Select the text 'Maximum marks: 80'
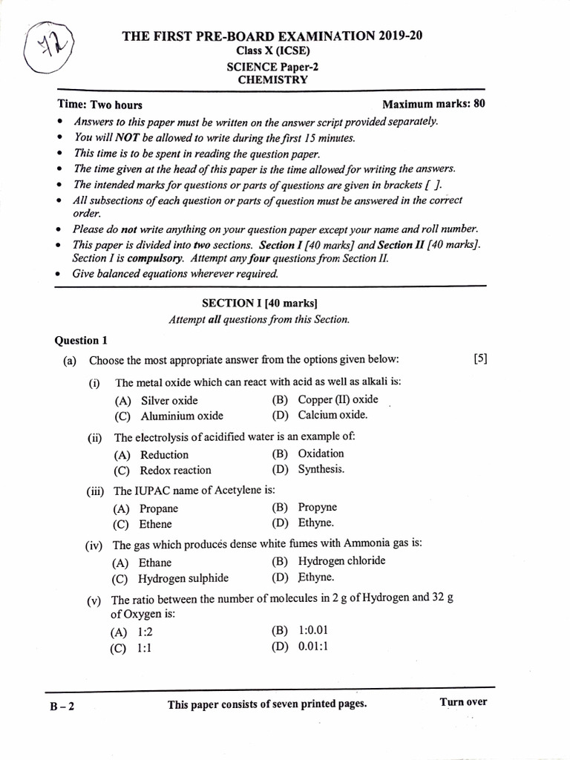pyautogui.click(x=433, y=104)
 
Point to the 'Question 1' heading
pyautogui.click(x=82, y=341)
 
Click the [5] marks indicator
pyautogui.click(x=480, y=359)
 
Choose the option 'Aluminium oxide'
pyautogui.click(x=182, y=416)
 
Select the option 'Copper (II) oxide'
pyautogui.click(x=338, y=399)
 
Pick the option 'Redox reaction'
pyautogui.click(x=175, y=471)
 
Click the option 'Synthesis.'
pyautogui.click(x=321, y=469)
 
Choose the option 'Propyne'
pyautogui.click(x=317, y=508)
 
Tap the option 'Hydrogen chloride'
pyautogui.click(x=341, y=561)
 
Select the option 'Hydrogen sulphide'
pyautogui.click(x=183, y=579)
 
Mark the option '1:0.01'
pyautogui.click(x=312, y=631)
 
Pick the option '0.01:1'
pyautogui.click(x=312, y=646)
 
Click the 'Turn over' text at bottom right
pyautogui.click(x=463, y=702)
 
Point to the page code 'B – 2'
pyautogui.click(x=62, y=706)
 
